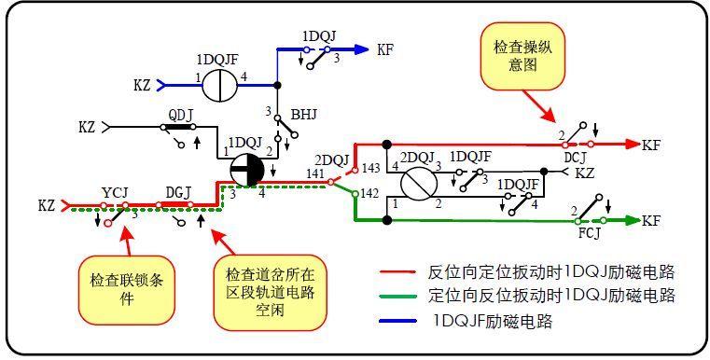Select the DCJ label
click(576, 159)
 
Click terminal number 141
click(315, 174)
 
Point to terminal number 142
click(370, 194)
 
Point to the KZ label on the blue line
click(142, 85)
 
